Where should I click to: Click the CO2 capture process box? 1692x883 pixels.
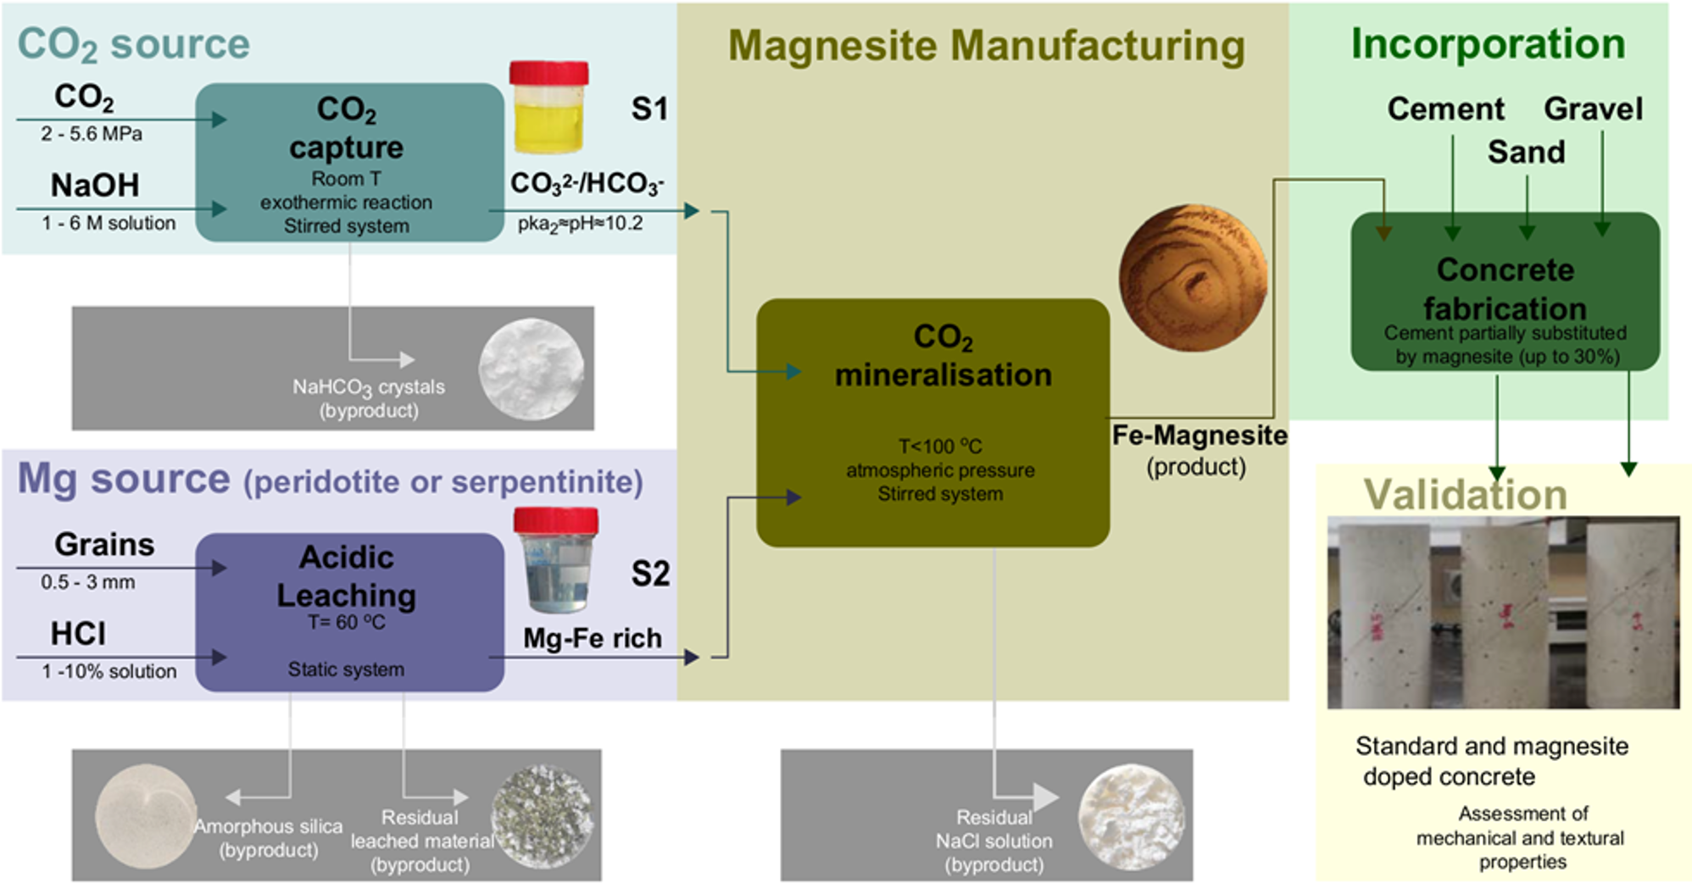point(349,162)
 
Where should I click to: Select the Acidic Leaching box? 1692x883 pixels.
point(349,612)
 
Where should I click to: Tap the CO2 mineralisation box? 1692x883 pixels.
point(932,422)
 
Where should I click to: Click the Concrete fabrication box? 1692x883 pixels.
point(1505,291)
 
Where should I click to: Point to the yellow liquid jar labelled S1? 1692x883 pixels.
point(549,108)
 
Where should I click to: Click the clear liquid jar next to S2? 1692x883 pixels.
point(556,559)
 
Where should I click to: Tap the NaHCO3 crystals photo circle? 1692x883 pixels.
point(532,369)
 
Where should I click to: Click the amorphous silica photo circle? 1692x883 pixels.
point(146,817)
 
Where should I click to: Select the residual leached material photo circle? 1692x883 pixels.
point(543,817)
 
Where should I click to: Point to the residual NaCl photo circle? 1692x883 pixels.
point(1131,817)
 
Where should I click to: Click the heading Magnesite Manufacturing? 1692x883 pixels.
point(987,46)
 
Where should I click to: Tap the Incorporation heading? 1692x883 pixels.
point(1488,43)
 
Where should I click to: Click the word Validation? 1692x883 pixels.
point(1466,494)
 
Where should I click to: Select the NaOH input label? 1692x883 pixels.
point(95,185)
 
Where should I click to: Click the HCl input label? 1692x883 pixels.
point(78,633)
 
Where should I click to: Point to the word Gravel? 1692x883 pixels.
point(1593,108)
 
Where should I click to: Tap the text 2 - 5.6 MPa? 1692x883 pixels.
point(92,134)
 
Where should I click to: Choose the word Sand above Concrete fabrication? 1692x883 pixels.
point(1526,152)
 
